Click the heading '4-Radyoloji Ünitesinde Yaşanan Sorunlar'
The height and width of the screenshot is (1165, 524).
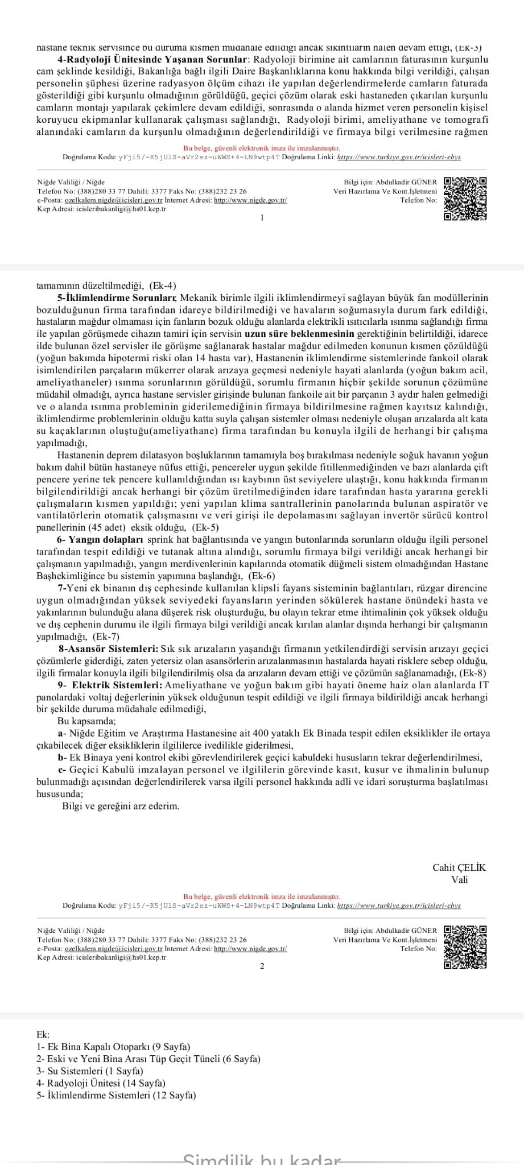point(152,59)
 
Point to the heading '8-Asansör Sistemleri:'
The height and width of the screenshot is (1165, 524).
point(109,648)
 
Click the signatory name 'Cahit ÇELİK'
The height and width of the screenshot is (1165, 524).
point(459,867)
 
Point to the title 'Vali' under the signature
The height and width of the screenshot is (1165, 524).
point(460,879)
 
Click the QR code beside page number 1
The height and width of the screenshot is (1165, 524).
point(465,199)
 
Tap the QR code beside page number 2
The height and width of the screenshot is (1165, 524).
point(465,947)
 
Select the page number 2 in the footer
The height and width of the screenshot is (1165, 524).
point(262,966)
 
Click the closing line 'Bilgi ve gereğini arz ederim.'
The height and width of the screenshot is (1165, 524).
point(121,806)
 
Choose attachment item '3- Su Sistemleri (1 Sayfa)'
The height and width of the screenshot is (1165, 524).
point(90,1071)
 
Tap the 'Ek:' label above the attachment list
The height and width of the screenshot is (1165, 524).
point(43,1035)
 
